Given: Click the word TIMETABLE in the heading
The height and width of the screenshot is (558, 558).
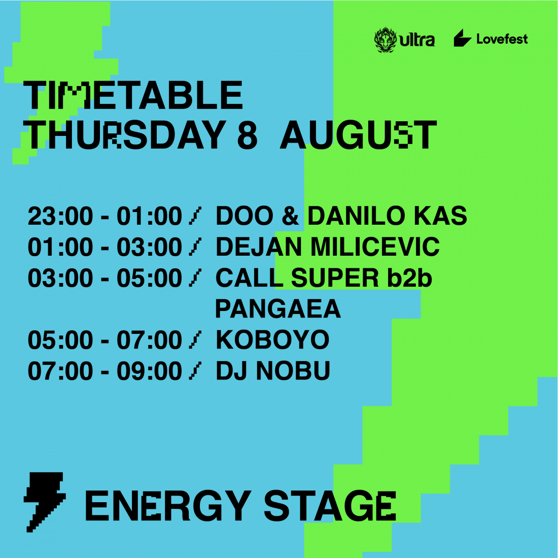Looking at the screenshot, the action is tap(133, 95).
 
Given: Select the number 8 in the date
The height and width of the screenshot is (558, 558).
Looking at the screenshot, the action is tap(247, 135).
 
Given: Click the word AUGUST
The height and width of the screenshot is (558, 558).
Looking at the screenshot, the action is tap(358, 135).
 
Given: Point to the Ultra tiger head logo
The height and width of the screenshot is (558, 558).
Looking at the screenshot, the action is tap(386, 40).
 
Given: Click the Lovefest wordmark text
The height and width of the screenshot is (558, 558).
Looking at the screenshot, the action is tap(502, 39).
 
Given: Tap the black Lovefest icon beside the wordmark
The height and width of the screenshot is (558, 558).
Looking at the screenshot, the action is tap(463, 38).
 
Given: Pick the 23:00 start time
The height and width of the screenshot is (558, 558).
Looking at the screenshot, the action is tap(60, 216).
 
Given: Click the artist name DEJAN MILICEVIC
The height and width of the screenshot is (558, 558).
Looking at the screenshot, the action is tap(327, 247).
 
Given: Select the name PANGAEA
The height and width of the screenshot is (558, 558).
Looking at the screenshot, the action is tap(278, 309).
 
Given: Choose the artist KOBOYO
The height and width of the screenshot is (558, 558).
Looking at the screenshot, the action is tap(272, 340).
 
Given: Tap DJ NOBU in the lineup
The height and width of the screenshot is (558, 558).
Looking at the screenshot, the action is tap(273, 371).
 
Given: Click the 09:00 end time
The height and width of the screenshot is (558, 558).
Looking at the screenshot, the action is tap(150, 371).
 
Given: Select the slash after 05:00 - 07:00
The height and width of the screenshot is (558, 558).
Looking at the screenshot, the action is tap(195, 340).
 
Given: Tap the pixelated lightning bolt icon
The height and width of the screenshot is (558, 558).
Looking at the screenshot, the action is tap(45, 502).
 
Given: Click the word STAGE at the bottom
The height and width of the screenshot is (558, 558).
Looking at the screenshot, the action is tap(330, 506).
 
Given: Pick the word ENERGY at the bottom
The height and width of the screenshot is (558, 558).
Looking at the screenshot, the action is tap(168, 506).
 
